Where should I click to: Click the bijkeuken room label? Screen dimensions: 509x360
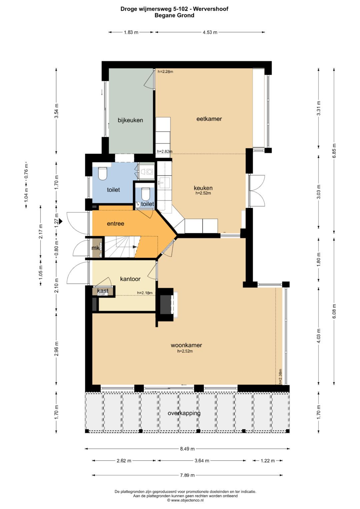130,120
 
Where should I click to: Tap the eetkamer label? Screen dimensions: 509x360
209,119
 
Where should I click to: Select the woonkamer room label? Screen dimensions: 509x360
186,345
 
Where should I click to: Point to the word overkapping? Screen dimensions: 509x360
184,413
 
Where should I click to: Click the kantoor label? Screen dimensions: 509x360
130,279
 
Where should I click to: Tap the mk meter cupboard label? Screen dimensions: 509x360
95,248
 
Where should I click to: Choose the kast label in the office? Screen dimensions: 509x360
103,291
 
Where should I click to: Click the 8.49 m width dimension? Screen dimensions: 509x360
187,449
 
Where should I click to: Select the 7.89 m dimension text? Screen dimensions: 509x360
187,475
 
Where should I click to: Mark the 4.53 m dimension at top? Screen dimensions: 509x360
210,32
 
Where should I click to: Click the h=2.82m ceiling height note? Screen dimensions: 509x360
165,151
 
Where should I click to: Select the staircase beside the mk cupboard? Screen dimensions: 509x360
120,247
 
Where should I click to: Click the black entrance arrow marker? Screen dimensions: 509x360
61,220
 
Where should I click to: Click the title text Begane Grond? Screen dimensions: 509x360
174,15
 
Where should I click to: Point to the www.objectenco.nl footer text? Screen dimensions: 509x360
185,500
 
